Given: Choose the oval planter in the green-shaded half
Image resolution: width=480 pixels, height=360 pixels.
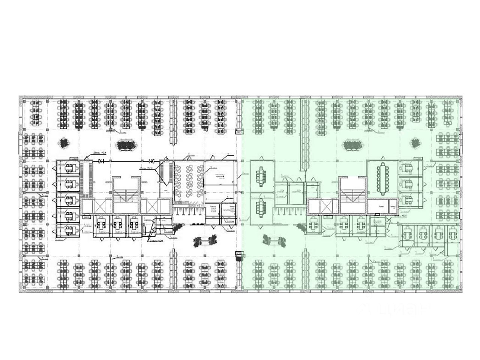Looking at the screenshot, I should (352, 145).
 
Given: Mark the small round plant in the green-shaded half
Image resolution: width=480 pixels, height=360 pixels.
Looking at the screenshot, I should (415, 143).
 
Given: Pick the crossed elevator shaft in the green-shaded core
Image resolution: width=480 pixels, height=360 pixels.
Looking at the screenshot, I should (324, 205).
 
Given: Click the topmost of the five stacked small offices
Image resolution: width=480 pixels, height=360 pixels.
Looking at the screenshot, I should (68, 168).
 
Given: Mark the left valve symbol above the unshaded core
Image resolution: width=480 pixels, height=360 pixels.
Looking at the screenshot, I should (100, 161).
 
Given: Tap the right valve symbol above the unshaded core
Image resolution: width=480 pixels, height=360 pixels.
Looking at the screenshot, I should (152, 161).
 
